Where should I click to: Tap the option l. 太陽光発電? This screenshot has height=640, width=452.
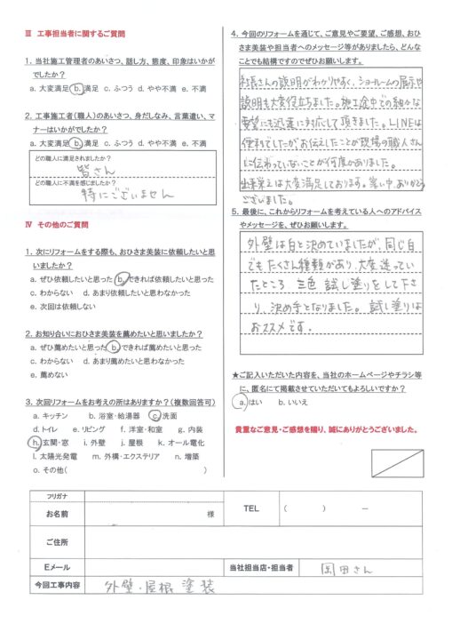coord(52,455)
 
